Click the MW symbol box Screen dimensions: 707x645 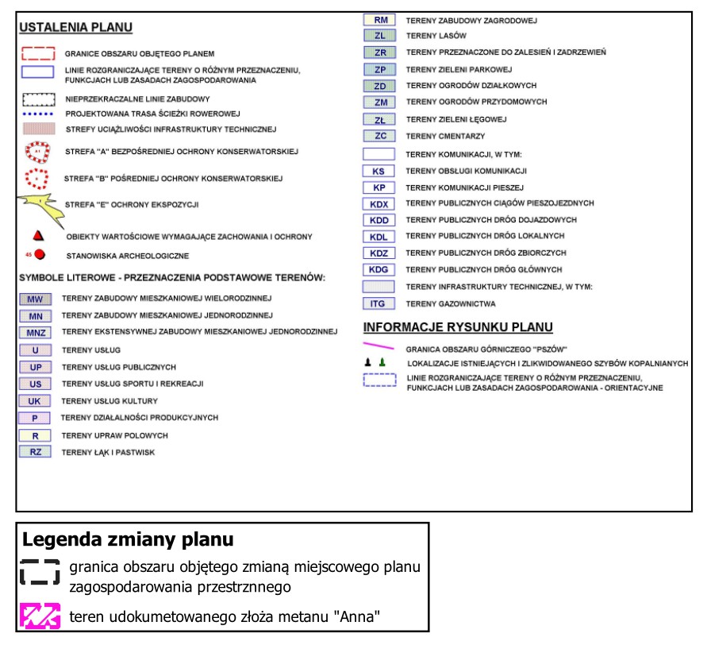(x=35, y=299)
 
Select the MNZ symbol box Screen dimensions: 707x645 (x=35, y=333)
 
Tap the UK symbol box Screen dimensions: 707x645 (x=35, y=401)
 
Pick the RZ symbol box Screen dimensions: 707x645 (x=35, y=452)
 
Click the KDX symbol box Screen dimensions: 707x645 (x=378, y=204)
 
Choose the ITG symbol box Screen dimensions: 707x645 (x=378, y=303)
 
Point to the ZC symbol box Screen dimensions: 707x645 (x=379, y=136)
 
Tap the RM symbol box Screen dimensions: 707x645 (x=379, y=20)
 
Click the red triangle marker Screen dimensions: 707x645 (x=38, y=236)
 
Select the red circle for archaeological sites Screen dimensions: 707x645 (x=40, y=254)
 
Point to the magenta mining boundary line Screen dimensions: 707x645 (x=378, y=346)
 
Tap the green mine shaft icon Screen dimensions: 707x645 (x=382, y=362)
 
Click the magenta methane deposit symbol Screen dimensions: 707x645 (x=40, y=616)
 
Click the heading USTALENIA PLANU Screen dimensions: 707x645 (x=75, y=28)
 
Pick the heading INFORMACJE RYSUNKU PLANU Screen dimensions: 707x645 (x=458, y=327)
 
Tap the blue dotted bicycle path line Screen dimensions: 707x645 (x=38, y=114)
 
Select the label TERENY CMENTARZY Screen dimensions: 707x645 (x=445, y=137)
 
